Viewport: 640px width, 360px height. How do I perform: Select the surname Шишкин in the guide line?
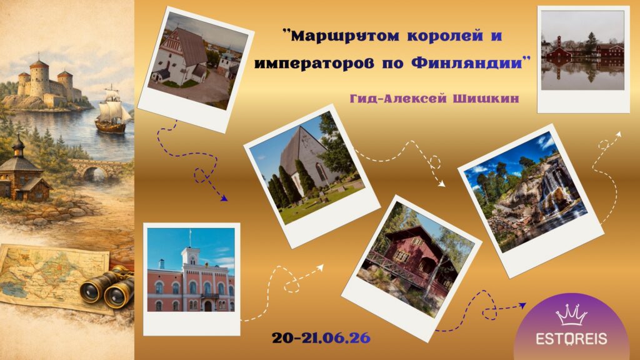(x=486, y=98)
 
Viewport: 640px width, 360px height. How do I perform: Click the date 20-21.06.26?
(x=321, y=337)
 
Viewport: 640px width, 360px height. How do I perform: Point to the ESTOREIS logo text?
(x=571, y=339)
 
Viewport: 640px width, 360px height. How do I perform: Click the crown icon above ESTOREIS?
(x=571, y=314)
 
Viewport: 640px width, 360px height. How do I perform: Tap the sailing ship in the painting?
(x=112, y=109)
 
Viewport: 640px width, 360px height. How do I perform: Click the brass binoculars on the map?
(x=107, y=286)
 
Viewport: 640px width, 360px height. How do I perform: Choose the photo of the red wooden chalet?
(x=411, y=268)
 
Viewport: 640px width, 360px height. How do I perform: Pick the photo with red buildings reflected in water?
(x=583, y=59)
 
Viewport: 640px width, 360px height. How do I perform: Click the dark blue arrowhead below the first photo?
(x=223, y=197)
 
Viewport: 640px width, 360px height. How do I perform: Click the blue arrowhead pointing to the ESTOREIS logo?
(x=522, y=305)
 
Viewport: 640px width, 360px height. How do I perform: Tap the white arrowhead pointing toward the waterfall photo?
(x=441, y=184)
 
